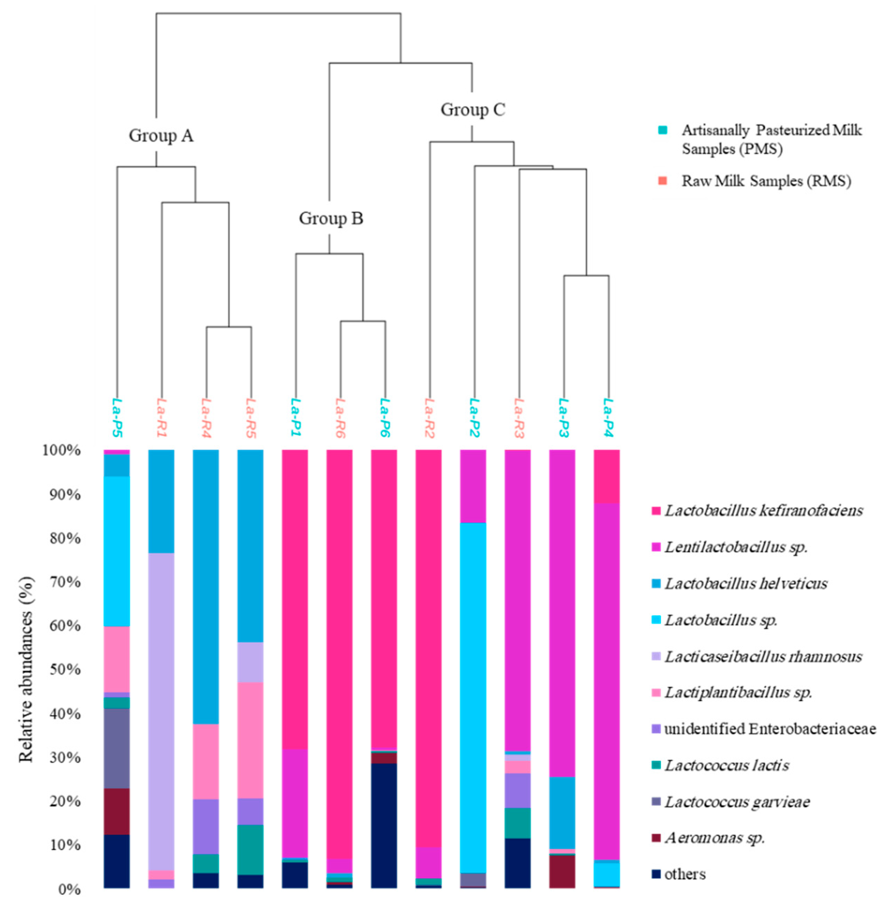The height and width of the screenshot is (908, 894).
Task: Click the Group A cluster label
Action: point(161,136)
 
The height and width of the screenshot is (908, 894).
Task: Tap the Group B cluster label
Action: point(331,218)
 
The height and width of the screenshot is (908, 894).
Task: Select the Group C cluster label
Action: point(472,110)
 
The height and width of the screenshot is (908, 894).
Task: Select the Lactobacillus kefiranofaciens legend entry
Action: point(763,511)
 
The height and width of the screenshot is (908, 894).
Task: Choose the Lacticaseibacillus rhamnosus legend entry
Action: point(763,656)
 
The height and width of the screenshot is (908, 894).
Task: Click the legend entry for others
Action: point(685,874)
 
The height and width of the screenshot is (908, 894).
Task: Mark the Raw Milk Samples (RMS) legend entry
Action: point(766,181)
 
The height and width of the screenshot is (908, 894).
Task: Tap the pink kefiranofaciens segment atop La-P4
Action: point(607,476)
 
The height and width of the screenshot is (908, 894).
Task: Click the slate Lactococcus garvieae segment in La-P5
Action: point(116,746)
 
